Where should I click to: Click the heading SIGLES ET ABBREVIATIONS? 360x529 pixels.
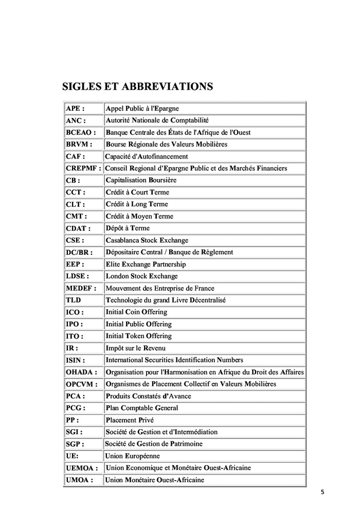click(x=137, y=86)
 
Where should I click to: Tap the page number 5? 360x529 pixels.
click(x=322, y=492)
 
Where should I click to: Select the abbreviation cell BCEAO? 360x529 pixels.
click(x=81, y=132)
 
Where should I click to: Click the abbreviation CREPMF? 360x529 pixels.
click(x=83, y=168)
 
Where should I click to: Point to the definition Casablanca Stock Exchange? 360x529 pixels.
click(x=147, y=240)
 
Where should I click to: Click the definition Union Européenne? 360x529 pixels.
click(x=133, y=456)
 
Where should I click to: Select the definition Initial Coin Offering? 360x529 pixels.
click(x=136, y=312)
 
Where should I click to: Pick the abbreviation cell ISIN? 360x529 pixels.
click(x=76, y=360)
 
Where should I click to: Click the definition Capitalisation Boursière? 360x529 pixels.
click(x=141, y=180)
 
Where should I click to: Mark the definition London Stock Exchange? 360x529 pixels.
click(x=142, y=276)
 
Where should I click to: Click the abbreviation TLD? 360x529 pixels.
click(x=74, y=300)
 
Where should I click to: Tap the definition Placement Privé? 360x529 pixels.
click(x=130, y=420)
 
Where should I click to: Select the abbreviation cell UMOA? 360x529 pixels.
click(x=80, y=480)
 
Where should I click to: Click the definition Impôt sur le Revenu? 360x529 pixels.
click(x=135, y=348)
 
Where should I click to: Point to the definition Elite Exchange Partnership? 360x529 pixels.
click(x=146, y=264)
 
